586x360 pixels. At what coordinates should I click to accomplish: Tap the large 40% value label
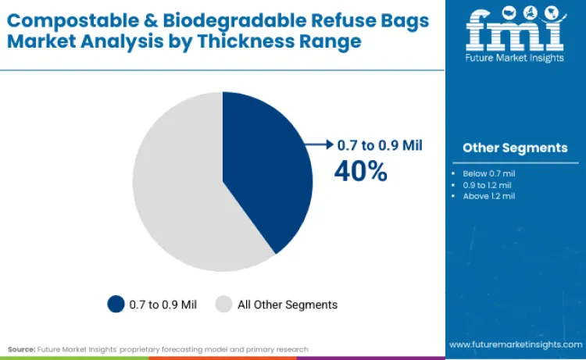tap(360, 170)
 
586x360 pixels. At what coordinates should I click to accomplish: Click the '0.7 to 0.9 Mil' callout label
tap(380, 144)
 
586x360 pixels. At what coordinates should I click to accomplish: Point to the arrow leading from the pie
tap(320, 144)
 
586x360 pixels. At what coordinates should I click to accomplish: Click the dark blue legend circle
tap(116, 304)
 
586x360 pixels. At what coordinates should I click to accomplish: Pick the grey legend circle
tap(224, 304)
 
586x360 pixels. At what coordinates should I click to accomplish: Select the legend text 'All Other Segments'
tap(287, 305)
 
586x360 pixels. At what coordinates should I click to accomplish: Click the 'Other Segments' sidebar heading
tap(515, 148)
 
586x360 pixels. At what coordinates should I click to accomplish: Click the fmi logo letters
tap(514, 34)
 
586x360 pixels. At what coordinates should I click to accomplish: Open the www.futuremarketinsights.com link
tap(515, 344)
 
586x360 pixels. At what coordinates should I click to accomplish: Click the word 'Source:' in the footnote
tap(21, 349)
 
